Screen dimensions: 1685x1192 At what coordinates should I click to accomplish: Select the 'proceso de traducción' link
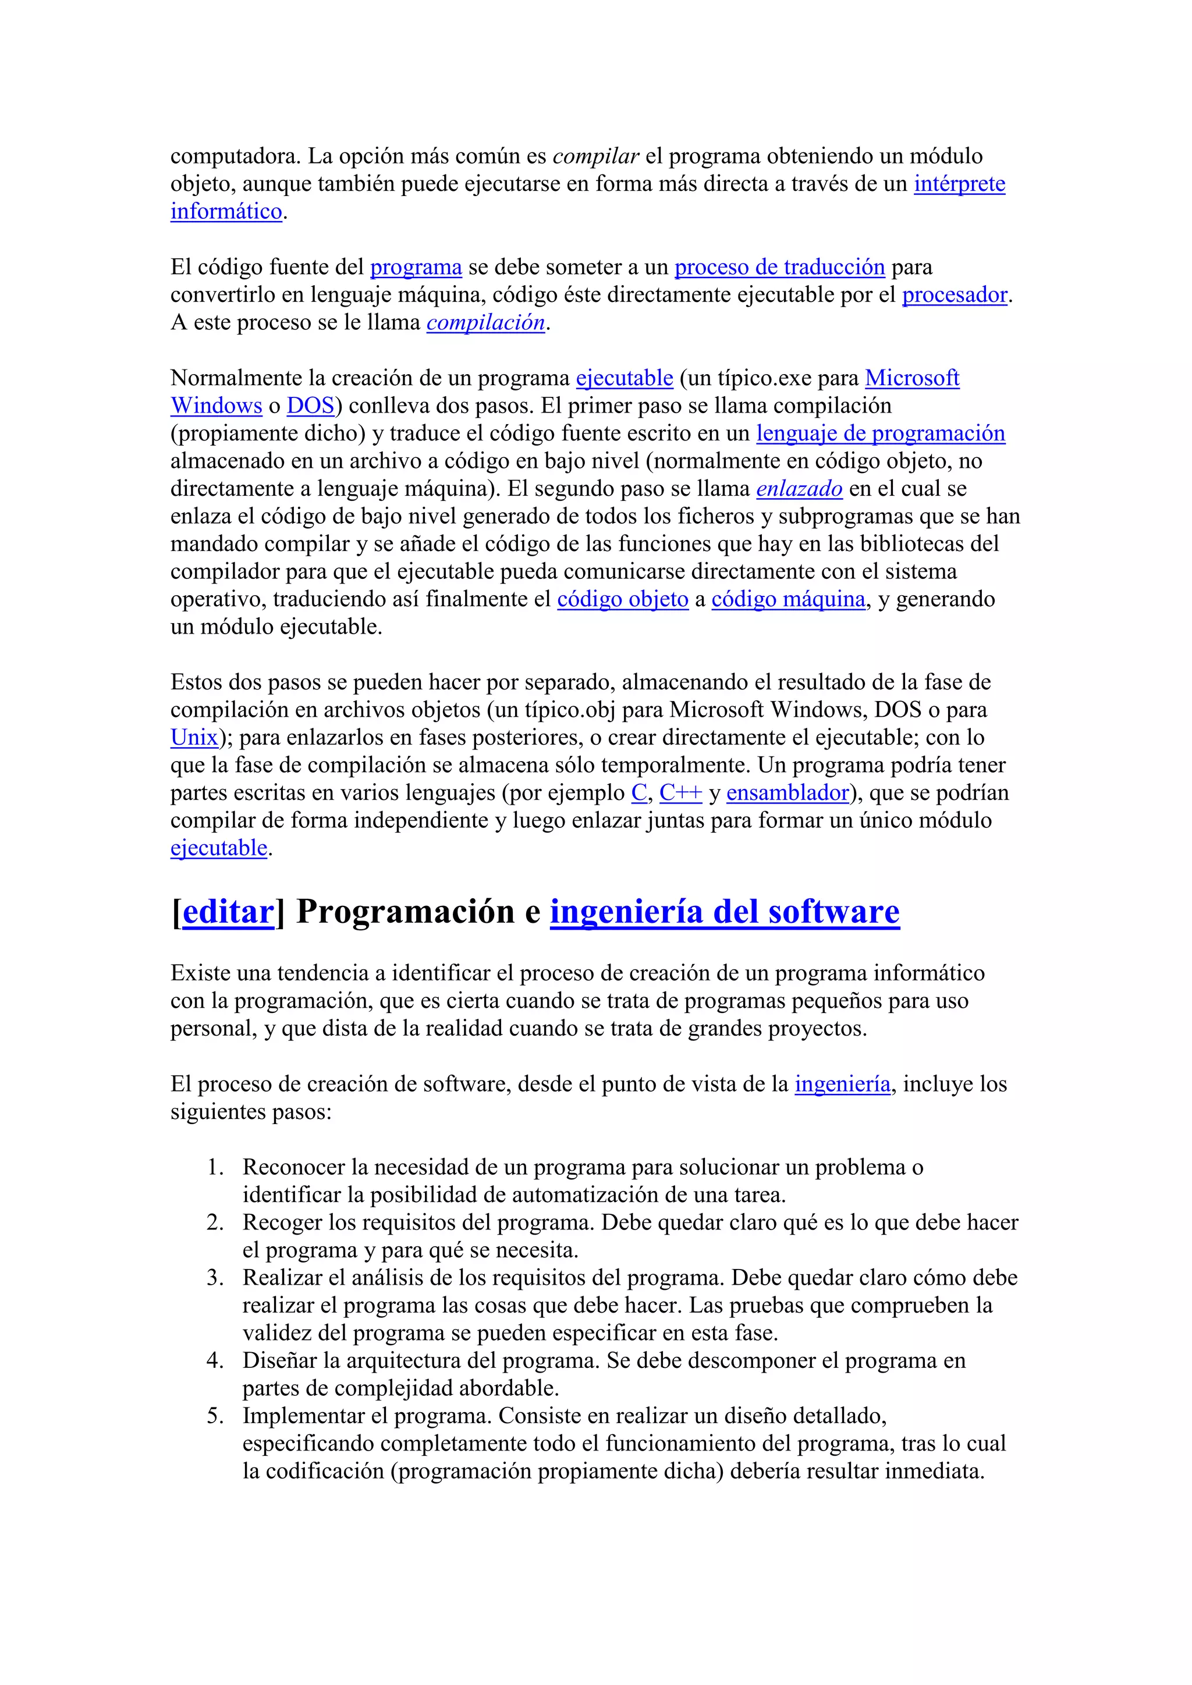click(x=779, y=267)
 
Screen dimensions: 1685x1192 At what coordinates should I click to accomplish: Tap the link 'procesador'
click(x=954, y=295)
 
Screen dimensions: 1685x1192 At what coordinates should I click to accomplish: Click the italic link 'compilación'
click(x=485, y=323)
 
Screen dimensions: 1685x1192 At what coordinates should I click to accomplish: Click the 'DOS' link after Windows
click(x=310, y=406)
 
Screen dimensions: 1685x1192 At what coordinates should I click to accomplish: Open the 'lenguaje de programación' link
click(x=880, y=433)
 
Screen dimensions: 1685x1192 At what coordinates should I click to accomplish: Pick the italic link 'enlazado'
click(x=799, y=489)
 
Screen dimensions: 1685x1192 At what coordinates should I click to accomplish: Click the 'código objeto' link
click(x=622, y=600)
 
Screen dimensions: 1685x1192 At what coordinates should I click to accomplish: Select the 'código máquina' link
click(x=788, y=600)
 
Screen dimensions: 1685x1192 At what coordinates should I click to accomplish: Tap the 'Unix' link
click(x=194, y=738)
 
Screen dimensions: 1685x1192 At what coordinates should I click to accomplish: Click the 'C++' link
click(x=680, y=793)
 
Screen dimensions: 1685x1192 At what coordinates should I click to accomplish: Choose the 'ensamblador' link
click(x=787, y=793)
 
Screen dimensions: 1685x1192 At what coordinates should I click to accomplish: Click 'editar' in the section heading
click(x=228, y=912)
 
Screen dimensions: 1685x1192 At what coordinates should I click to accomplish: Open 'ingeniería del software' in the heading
click(x=725, y=912)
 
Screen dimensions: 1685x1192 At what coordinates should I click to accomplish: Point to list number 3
click(x=214, y=1278)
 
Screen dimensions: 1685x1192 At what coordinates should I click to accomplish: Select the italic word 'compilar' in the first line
click(x=595, y=157)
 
